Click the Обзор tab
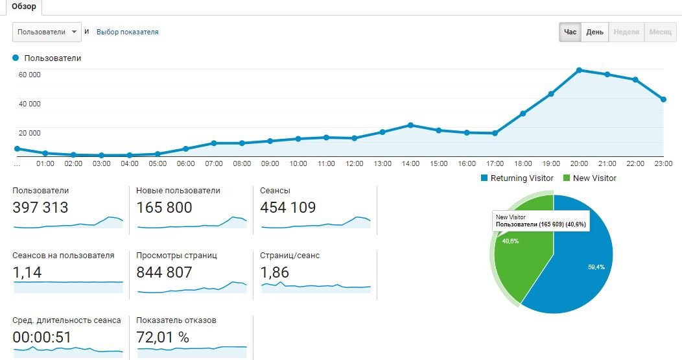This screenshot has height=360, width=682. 24,7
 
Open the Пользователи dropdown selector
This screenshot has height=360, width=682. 47,31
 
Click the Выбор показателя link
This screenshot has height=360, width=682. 127,32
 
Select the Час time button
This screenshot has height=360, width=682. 570,32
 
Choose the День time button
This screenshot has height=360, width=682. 594,32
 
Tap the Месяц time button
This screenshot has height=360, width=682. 660,32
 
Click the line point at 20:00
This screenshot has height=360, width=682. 579,70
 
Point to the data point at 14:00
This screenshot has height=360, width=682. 410,125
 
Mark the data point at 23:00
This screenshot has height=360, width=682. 663,99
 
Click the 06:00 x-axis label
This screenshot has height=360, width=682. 185,163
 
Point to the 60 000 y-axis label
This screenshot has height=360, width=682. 29,75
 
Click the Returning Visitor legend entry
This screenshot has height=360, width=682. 517,178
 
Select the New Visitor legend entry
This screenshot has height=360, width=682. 590,178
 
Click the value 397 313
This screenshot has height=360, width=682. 40,208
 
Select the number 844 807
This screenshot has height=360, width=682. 164,272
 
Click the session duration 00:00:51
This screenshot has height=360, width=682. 41,337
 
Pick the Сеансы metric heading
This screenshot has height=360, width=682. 275,191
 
